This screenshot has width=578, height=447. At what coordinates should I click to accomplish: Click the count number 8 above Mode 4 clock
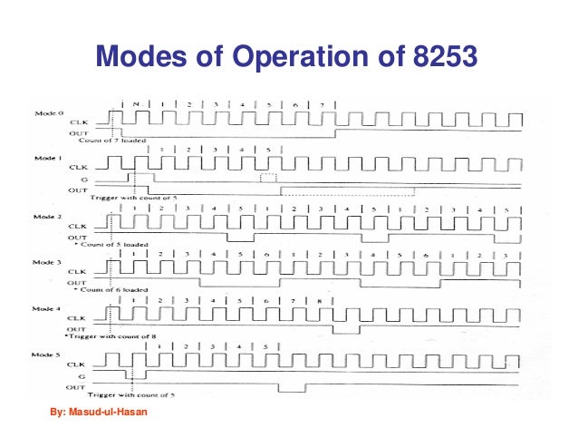320,300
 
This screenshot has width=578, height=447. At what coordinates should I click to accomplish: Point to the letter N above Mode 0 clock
135,106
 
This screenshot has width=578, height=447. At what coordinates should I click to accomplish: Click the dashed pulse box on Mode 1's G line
266,179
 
